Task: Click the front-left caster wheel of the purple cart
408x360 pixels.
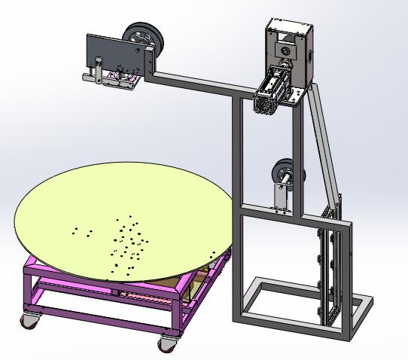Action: coord(29,321)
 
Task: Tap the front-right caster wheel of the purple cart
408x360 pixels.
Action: coord(166,344)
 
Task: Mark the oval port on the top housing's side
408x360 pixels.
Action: coord(308,55)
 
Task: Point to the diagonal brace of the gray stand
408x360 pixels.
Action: coord(324,143)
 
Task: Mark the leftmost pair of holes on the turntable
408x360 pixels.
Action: coord(82,231)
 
